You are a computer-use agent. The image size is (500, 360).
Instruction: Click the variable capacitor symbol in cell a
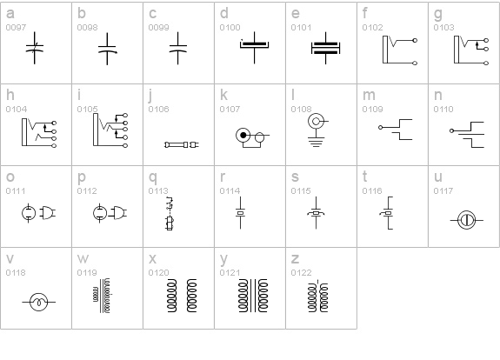point(35,48)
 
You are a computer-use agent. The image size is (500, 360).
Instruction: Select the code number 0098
point(87,28)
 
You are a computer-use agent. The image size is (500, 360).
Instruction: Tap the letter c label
point(152,14)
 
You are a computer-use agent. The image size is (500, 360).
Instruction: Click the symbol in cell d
point(254,47)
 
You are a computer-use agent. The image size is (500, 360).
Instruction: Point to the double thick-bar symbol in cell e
point(325,48)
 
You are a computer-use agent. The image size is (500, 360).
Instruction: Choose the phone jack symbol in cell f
point(400,50)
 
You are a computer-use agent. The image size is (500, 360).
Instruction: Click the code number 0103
point(443,28)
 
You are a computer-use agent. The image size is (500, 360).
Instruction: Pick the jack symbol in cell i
point(110,130)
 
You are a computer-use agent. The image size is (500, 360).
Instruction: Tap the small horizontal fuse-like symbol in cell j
point(182,145)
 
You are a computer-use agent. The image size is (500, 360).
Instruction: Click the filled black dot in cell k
point(243,135)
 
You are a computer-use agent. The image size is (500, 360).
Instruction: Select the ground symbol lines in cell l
point(316,143)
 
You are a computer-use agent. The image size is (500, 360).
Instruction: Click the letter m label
point(369,96)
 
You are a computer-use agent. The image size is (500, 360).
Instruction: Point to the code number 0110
point(443,109)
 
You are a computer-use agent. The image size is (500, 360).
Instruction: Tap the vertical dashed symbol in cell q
point(170,213)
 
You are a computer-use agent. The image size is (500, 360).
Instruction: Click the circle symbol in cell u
point(466,220)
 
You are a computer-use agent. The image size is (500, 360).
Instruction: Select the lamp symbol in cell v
point(38,302)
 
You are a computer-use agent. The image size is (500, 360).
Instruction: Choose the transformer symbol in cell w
point(102,296)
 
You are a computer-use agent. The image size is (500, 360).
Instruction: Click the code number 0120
point(158,273)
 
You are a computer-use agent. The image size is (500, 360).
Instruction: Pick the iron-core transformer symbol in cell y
point(253,296)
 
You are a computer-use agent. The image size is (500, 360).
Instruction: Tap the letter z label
point(295,259)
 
